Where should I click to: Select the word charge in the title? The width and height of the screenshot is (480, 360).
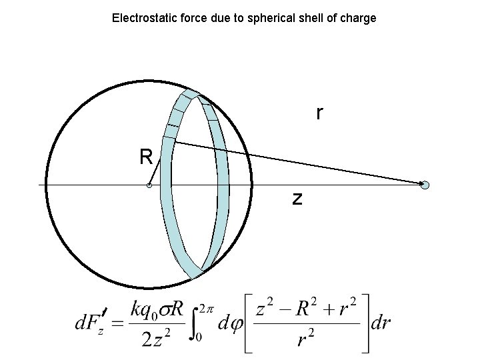(359, 18)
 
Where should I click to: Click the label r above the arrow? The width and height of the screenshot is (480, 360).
(320, 114)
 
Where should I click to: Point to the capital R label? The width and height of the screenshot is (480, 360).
(146, 157)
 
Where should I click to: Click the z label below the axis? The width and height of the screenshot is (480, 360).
(297, 198)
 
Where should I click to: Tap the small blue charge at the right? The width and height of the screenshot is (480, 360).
(425, 185)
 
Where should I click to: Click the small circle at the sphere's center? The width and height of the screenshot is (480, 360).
(149, 185)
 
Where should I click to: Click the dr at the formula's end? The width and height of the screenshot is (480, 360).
(381, 323)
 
